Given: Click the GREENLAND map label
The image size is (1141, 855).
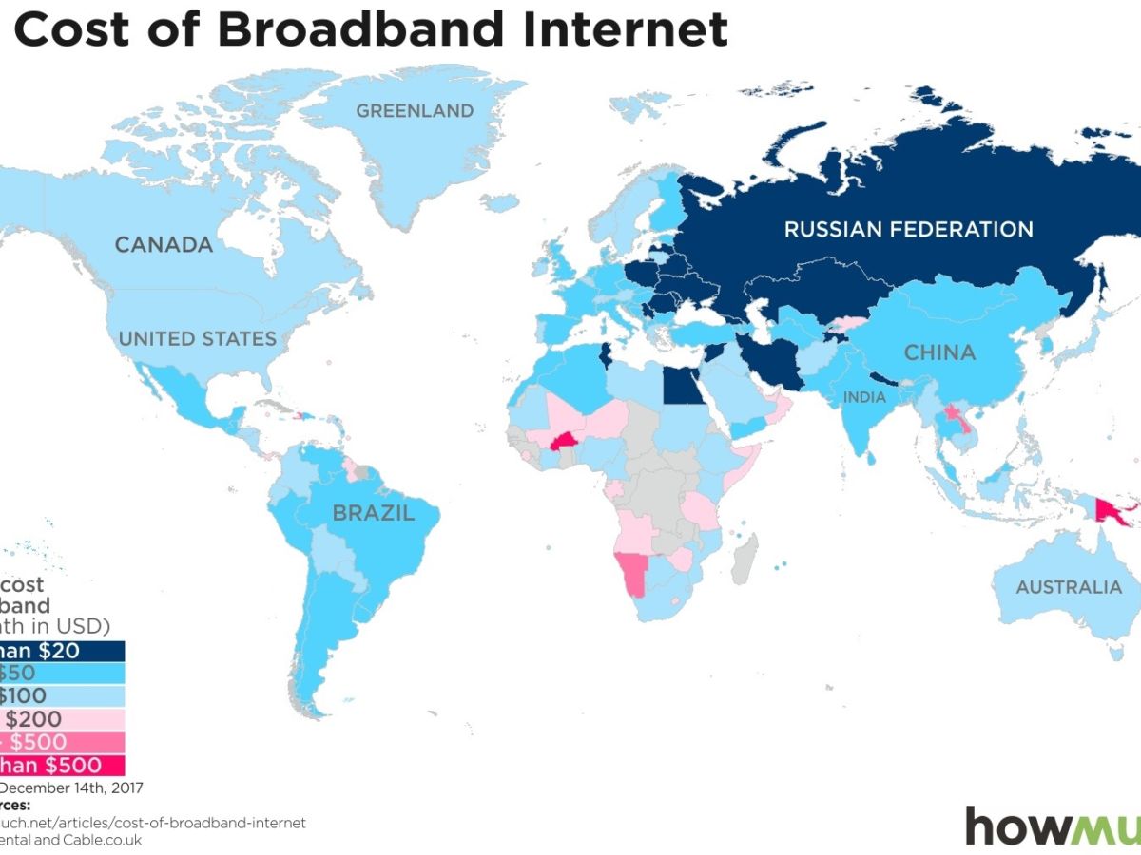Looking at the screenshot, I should (415, 111).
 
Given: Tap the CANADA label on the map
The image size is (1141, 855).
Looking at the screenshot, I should (164, 245).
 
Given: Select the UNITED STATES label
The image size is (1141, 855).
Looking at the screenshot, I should (197, 338).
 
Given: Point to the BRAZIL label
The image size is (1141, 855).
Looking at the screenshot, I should (373, 514).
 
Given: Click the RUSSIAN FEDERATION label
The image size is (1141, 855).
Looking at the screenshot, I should (908, 229).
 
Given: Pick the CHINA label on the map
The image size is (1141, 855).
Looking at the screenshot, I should (939, 352).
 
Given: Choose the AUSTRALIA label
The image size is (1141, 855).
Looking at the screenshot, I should (1069, 587).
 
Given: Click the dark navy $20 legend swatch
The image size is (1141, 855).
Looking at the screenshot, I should (62, 651).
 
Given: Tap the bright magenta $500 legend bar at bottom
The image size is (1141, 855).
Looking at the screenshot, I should (62, 765).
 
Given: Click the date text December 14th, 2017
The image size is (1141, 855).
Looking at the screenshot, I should (72, 788).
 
